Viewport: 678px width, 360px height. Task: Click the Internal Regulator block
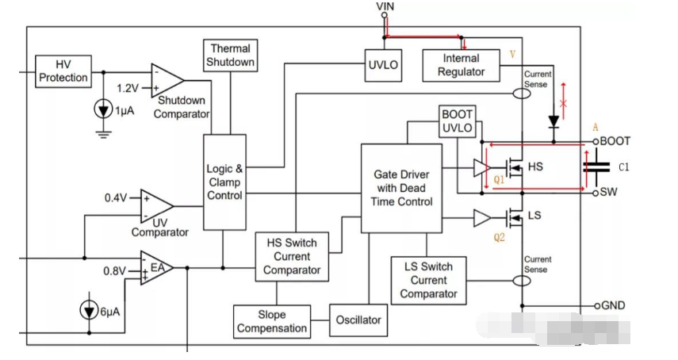462,64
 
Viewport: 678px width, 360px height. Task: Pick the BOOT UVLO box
457,121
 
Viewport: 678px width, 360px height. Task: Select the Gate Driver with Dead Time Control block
401,187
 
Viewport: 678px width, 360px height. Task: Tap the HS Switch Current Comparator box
292,257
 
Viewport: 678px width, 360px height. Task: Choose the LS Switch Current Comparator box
429,280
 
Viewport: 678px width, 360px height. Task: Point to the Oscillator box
358,320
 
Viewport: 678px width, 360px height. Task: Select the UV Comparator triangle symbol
155,205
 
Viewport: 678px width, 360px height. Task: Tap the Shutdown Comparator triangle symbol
167,79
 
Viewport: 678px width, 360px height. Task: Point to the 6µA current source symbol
85,311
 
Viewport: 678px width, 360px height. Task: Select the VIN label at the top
385,6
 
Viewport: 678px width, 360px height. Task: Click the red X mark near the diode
564,104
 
